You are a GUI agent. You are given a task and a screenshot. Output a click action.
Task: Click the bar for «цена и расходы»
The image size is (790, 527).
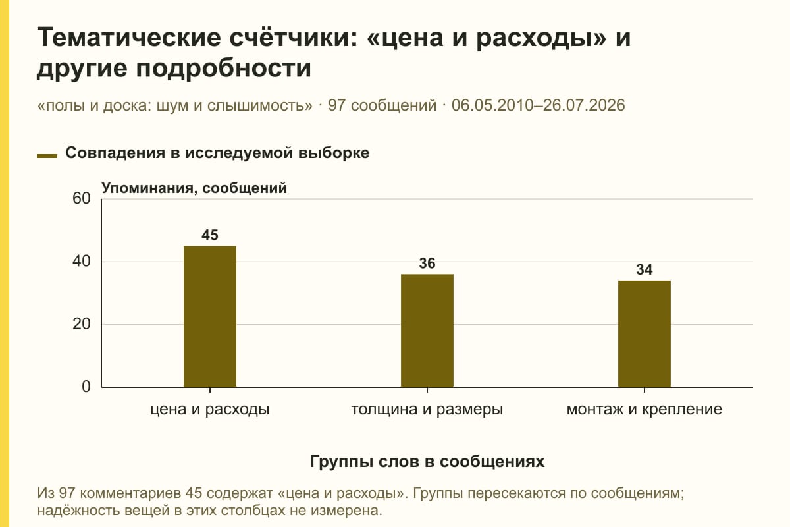click(x=210, y=317)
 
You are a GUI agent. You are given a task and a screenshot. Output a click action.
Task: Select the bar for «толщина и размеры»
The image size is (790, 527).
click(x=427, y=331)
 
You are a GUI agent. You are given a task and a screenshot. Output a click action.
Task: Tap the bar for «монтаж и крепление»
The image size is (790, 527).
click(x=645, y=334)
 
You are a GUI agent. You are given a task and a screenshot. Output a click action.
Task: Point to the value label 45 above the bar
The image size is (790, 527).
click(x=210, y=235)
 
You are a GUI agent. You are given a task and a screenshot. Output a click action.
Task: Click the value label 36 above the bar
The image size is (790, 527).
click(x=427, y=263)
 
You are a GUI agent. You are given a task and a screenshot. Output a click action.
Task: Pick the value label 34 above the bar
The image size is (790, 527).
click(x=645, y=269)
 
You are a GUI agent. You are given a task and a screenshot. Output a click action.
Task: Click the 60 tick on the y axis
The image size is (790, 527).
click(x=82, y=198)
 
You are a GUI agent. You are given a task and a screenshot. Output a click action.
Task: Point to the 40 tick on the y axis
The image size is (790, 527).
click(x=82, y=262)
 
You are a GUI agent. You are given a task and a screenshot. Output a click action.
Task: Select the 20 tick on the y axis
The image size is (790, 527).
click(x=82, y=324)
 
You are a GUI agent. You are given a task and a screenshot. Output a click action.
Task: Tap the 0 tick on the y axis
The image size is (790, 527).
click(x=86, y=387)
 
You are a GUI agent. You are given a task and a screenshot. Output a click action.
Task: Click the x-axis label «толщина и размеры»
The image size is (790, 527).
click(x=427, y=410)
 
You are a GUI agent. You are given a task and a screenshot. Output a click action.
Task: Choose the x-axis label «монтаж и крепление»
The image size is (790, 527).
click(x=645, y=410)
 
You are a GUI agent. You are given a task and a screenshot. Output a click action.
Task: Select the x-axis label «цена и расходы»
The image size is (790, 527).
click(x=210, y=410)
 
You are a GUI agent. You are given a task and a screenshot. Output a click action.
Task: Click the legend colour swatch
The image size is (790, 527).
click(x=47, y=155)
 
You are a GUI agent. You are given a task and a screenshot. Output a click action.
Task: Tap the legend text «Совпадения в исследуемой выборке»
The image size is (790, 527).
click(x=217, y=153)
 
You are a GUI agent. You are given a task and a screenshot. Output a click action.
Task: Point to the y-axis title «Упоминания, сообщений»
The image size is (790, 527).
click(x=194, y=188)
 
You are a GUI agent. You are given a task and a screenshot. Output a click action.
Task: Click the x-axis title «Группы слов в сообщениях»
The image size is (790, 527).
click(x=427, y=462)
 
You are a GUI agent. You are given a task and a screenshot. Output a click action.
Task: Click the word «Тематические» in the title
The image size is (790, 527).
click(x=129, y=37)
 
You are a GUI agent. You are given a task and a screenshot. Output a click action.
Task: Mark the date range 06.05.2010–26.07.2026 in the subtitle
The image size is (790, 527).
click(x=539, y=105)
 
